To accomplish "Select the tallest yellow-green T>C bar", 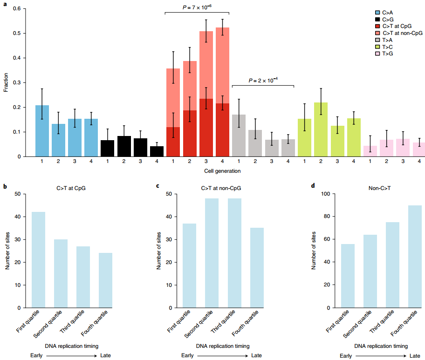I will coord(321,129).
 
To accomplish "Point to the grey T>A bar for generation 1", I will coord(239,136).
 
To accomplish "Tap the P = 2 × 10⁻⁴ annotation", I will coord(263,80).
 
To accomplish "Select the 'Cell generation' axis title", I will coord(222,171).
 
